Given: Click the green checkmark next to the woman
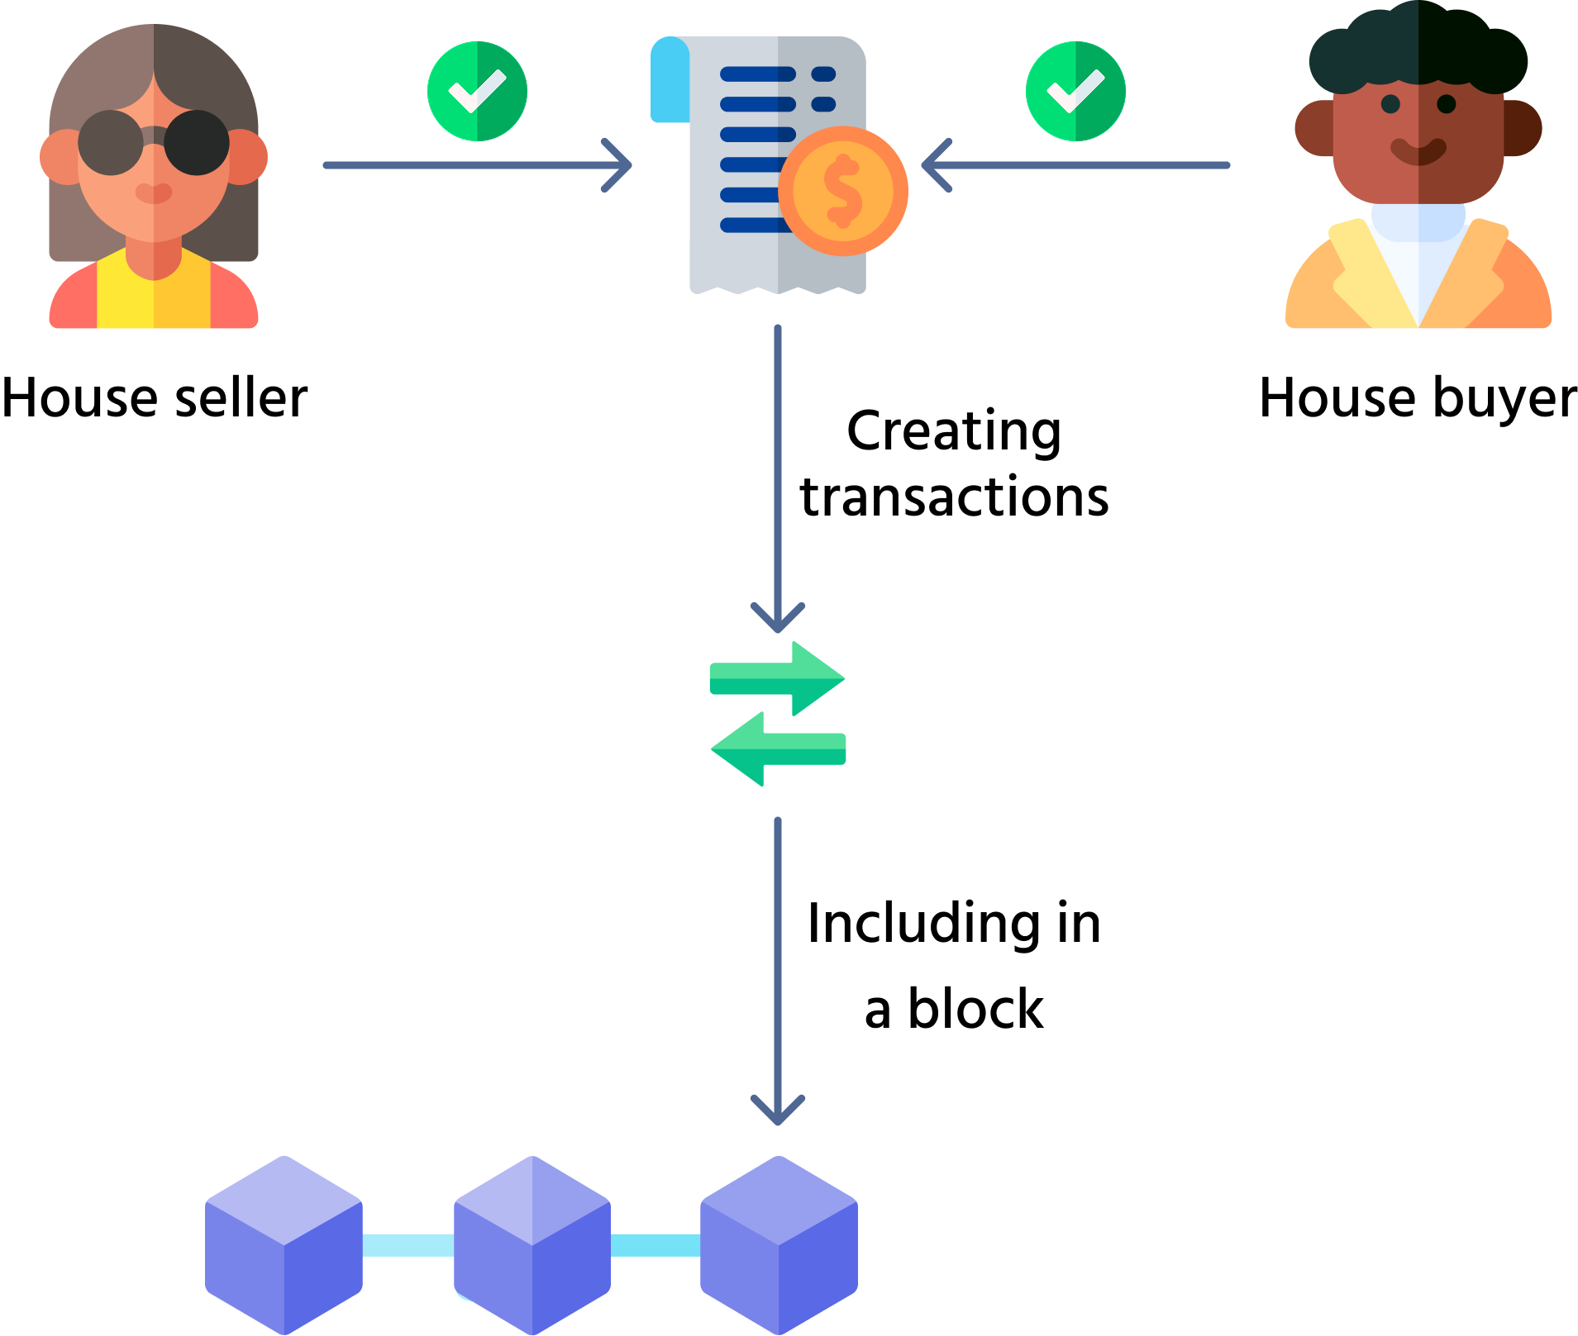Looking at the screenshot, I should (477, 91).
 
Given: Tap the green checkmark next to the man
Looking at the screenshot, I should (1075, 91).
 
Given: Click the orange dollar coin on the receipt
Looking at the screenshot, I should (842, 191).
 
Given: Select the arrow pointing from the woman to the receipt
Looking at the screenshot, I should (477, 165).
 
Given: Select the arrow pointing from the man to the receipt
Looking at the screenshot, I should (1075, 165).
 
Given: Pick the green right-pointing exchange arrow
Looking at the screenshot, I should (777, 678).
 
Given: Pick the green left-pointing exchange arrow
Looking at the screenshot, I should (778, 749).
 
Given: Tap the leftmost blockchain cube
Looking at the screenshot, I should (284, 1244).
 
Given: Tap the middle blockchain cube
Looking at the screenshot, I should (532, 1244).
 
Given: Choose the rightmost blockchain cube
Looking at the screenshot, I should (779, 1244).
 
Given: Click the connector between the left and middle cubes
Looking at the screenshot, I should (408, 1244).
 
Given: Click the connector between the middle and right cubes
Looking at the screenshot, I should (655, 1244).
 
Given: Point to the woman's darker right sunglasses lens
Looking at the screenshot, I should (197, 142).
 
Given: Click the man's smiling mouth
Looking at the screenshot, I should (1418, 152).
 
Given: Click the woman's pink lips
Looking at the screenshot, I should (154, 193).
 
